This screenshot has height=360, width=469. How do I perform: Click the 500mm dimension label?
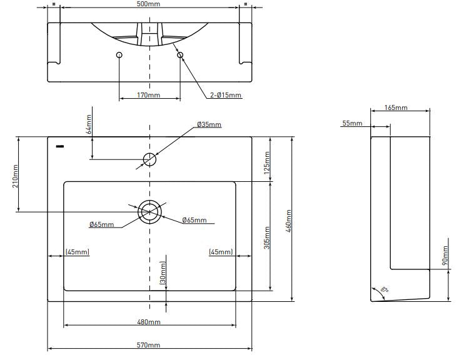149,4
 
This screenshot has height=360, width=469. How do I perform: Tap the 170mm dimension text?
149,96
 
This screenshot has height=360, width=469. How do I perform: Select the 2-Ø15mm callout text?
225,96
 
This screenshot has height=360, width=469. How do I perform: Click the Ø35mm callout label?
209,124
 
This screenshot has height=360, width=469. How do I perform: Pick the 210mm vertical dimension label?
15,175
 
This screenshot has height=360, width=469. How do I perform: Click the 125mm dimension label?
268,162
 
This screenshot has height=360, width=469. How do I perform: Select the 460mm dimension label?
288,219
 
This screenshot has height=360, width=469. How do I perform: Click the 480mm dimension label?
149,322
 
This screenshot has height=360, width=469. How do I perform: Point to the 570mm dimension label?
149,345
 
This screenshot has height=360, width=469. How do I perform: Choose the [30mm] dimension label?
163,273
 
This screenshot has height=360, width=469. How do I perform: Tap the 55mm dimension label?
352,123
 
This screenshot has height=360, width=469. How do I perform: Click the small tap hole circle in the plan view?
149,159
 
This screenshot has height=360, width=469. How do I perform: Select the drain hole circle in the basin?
149,211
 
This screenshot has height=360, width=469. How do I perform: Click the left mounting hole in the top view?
119,56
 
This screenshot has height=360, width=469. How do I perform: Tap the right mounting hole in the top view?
180,56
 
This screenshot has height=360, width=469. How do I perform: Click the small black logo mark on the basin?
59,147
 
